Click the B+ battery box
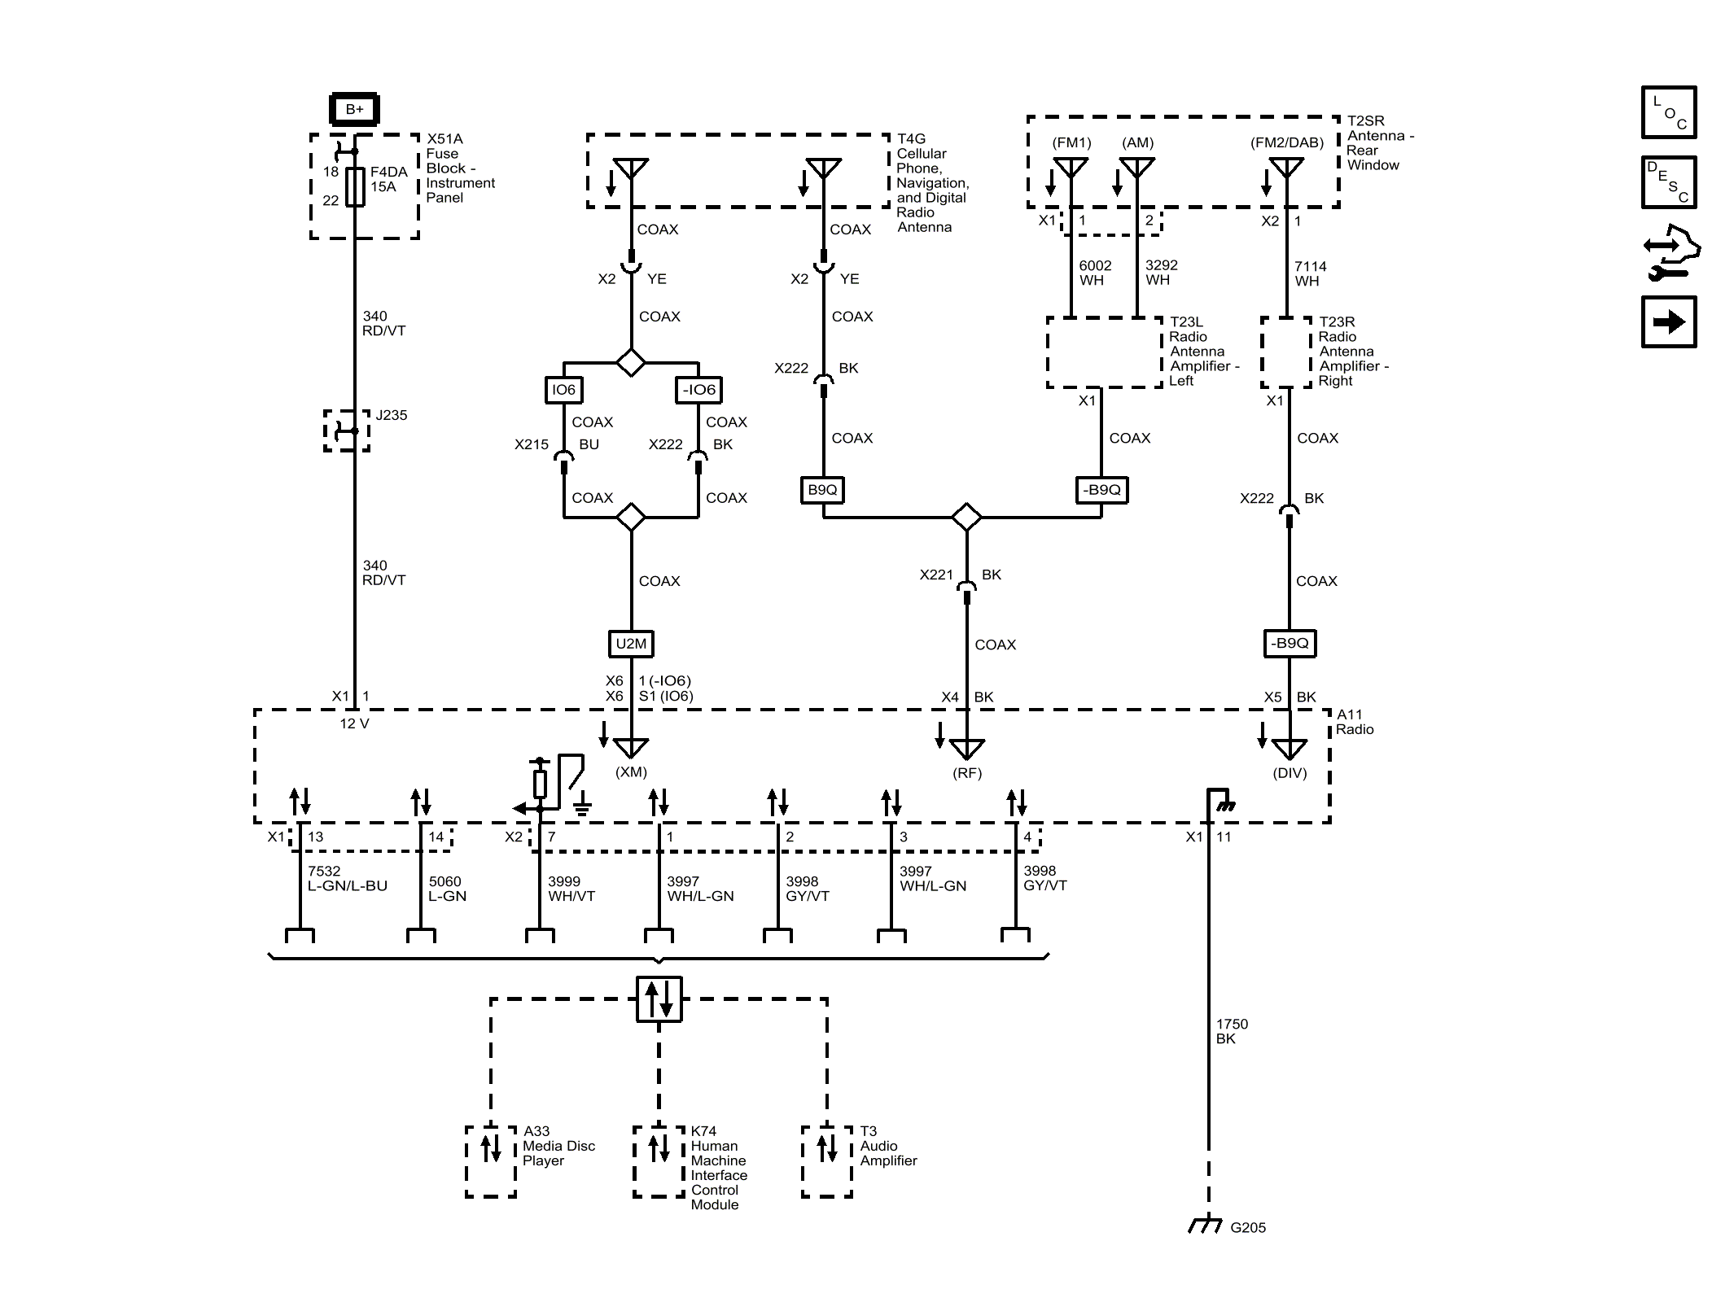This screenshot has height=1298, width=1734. (x=354, y=109)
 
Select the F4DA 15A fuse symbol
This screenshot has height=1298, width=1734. (x=355, y=186)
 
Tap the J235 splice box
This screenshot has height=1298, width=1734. (x=347, y=430)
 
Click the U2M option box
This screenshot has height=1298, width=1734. (x=631, y=644)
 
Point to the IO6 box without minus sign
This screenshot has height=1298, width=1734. (x=563, y=390)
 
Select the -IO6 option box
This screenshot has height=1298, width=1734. (x=699, y=390)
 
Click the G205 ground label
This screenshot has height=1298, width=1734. (x=1247, y=1228)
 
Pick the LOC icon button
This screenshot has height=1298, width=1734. (x=1668, y=112)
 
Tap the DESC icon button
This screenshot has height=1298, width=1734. (x=1668, y=182)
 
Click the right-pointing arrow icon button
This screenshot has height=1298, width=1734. (x=1668, y=322)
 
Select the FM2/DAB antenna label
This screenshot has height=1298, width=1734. (x=1286, y=142)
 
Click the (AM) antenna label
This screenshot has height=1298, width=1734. (x=1137, y=142)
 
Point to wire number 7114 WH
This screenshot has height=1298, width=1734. (x=1310, y=273)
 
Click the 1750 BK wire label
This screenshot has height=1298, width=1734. (x=1231, y=1031)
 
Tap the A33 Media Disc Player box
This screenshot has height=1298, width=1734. (x=491, y=1161)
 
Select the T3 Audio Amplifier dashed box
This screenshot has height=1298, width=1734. (x=826, y=1161)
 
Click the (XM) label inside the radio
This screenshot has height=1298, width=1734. (x=631, y=771)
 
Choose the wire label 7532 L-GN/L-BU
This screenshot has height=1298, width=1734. (x=347, y=879)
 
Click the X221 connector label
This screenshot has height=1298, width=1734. (x=936, y=575)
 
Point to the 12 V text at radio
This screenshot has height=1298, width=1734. (x=354, y=723)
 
